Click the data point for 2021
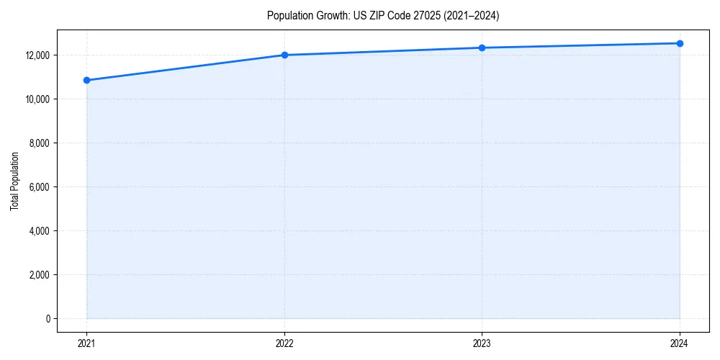[x=86, y=80]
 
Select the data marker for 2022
[x=284, y=55]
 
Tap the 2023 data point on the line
[x=482, y=48]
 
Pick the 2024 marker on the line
[x=680, y=43]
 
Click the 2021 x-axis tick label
[x=86, y=343]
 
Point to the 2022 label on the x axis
[x=284, y=343]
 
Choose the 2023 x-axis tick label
[x=482, y=343]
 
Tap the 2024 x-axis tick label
[x=680, y=343]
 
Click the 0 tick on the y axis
[x=47, y=319]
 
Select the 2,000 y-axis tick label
[x=38, y=275]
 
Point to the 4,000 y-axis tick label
[x=38, y=231]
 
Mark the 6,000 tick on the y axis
[x=38, y=187]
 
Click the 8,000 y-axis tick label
[x=38, y=143]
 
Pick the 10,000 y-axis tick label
[x=36, y=99]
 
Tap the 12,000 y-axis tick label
[x=36, y=55]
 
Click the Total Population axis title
[x=14, y=181]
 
